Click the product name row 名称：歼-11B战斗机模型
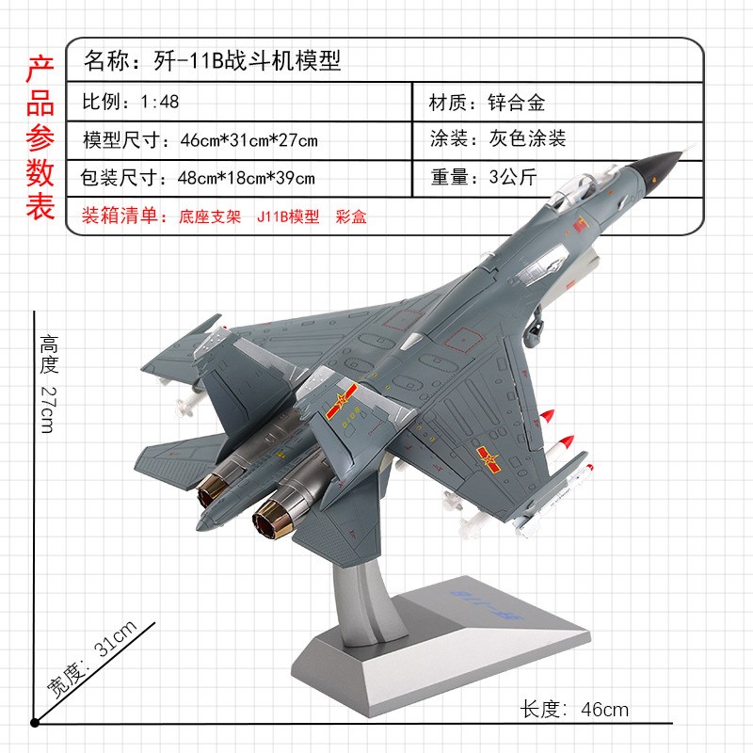(x=212, y=62)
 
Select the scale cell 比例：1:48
(x=131, y=102)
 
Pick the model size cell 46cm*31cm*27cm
(x=200, y=140)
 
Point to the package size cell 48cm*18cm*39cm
(x=199, y=177)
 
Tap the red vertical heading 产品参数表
(x=40, y=137)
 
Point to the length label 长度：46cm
(x=574, y=709)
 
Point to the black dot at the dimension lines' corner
(x=35, y=723)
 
